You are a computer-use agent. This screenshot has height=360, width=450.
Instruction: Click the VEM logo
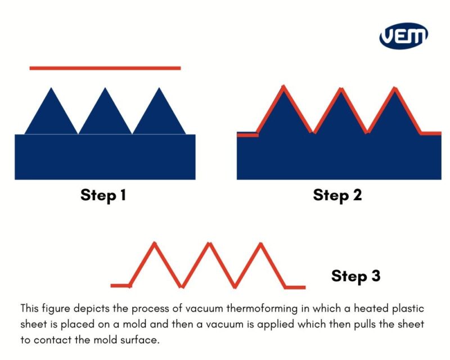click(403, 37)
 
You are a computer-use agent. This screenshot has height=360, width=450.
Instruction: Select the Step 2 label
click(337, 195)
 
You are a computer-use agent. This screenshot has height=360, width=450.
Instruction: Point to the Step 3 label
click(355, 276)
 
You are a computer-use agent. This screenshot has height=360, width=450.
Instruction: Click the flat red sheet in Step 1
click(105, 68)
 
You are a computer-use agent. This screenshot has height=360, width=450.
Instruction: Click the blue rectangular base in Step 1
click(105, 157)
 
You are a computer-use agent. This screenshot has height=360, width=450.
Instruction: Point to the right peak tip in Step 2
click(396, 88)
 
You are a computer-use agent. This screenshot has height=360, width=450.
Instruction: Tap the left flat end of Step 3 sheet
click(120, 286)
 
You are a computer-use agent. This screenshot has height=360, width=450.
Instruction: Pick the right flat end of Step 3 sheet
click(295, 287)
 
